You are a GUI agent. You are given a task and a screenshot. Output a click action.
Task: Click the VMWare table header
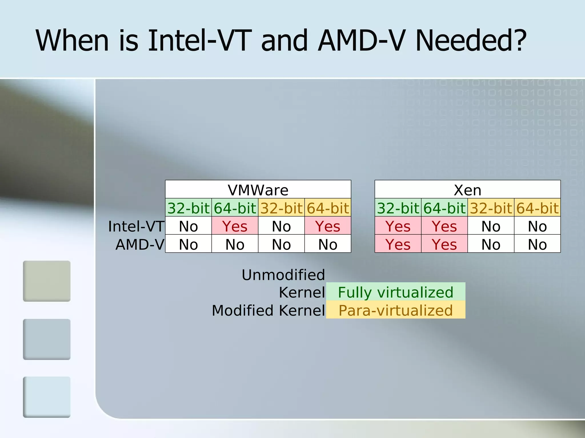click(x=258, y=190)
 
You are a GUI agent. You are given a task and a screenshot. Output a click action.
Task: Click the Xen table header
click(x=467, y=190)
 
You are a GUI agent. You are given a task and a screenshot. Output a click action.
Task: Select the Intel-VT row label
click(x=136, y=226)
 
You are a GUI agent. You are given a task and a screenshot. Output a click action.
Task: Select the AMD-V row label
click(x=140, y=244)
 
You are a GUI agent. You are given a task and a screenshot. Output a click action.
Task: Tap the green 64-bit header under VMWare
click(x=235, y=208)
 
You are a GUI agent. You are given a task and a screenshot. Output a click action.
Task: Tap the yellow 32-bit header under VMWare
click(x=281, y=208)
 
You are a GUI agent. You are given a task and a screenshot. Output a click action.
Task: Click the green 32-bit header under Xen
click(x=398, y=208)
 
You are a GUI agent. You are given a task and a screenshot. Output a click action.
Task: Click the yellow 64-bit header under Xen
click(x=537, y=208)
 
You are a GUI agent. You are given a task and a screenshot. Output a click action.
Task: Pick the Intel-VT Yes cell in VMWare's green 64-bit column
click(x=235, y=226)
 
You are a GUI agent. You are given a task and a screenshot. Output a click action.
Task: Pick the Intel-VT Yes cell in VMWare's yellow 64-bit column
click(x=328, y=226)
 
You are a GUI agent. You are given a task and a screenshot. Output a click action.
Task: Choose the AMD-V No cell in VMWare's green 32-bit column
click(x=188, y=244)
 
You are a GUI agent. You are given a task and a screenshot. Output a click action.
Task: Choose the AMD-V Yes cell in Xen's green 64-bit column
click(x=444, y=244)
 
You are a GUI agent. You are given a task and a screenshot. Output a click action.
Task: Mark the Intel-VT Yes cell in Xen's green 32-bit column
click(x=398, y=226)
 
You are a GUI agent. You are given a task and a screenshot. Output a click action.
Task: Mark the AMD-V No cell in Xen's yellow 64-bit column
click(x=537, y=244)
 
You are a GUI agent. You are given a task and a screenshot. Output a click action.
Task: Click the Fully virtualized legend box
click(x=396, y=292)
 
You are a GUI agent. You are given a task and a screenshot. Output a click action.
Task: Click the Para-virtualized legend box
click(x=396, y=310)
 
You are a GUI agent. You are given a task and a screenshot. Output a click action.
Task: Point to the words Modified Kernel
click(x=268, y=310)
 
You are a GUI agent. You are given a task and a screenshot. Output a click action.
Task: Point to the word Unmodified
click(x=283, y=275)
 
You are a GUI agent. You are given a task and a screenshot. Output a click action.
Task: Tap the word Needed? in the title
click(x=471, y=40)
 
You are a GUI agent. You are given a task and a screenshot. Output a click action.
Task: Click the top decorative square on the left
click(x=47, y=281)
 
